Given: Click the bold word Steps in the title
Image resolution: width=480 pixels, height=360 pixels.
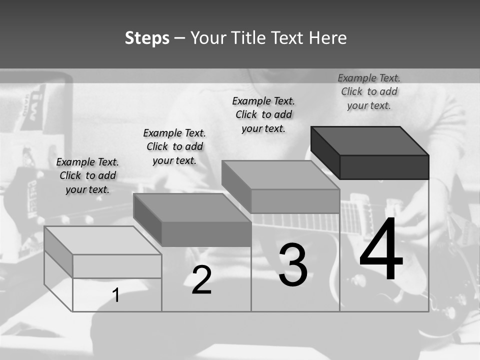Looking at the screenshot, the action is click(147, 38).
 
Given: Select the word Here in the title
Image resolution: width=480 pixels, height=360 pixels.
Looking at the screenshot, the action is click(327, 37).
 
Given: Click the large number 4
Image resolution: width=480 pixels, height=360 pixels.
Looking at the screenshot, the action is click(381, 248).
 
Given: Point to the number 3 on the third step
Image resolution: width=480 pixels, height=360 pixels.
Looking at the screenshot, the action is click(293, 264).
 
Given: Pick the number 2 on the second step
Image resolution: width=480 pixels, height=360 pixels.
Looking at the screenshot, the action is click(201, 280).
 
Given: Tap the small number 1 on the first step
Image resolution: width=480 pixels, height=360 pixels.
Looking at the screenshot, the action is click(115, 295).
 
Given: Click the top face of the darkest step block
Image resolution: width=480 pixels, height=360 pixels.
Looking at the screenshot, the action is click(370, 141).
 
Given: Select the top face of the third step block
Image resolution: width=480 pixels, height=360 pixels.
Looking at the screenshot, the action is click(280, 175).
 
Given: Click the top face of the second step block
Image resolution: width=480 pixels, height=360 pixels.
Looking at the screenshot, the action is click(192, 208).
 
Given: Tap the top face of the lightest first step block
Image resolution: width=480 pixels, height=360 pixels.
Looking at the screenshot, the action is click(103, 240).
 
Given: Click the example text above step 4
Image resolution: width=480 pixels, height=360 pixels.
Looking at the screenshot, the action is click(369, 92).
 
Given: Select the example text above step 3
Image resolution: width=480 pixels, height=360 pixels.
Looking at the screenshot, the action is click(263, 115).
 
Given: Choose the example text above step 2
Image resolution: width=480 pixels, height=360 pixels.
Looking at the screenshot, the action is click(174, 146).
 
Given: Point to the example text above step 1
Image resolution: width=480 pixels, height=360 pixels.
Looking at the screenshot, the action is click(87, 175).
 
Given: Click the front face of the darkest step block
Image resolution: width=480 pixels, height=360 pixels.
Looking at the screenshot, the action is click(384, 167).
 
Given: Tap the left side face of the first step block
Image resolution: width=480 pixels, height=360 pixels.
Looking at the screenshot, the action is click(58, 252).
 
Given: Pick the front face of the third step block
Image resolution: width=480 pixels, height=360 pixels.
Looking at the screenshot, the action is click(295, 201).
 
